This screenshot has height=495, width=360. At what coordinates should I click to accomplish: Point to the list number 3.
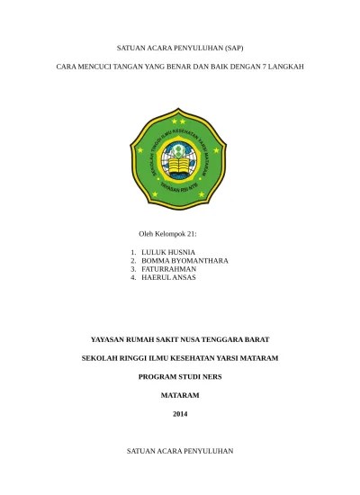(x=132, y=269)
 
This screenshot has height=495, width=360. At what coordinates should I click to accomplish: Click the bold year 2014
(x=181, y=413)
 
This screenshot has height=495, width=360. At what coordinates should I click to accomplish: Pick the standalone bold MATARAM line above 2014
(x=181, y=395)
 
